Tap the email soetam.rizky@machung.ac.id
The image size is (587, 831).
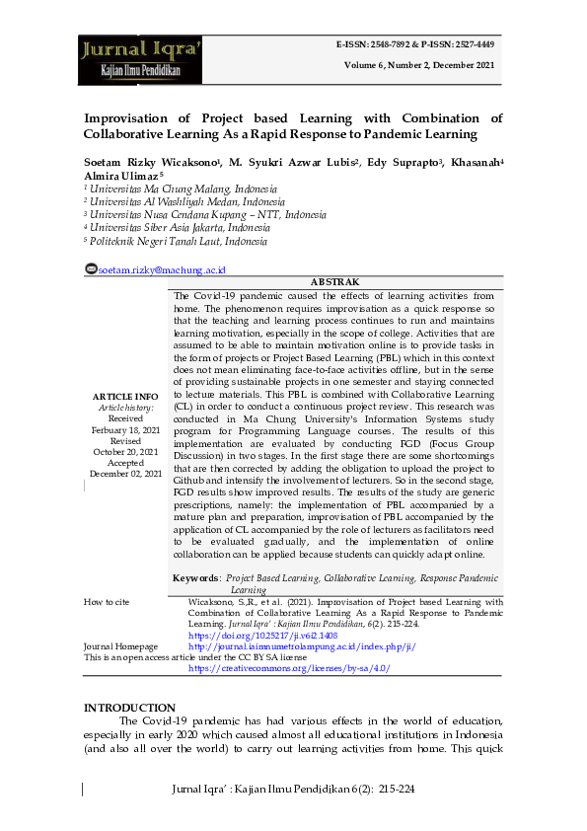coord(162,269)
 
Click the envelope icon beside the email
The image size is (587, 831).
coord(91,269)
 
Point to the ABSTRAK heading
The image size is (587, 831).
coord(334,282)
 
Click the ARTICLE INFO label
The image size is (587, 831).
coord(125,397)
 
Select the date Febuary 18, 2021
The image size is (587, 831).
coord(125,430)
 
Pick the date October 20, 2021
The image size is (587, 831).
coord(125,452)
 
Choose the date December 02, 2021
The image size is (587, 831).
coord(125,474)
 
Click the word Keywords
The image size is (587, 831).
coord(195,577)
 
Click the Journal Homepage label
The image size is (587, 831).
coord(120,646)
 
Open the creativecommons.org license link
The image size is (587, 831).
coord(289,668)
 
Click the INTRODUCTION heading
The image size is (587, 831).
coord(129,708)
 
